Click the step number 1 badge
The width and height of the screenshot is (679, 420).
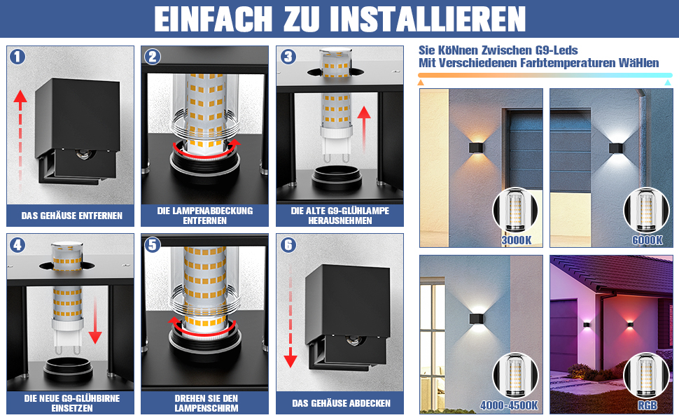tap(17, 57)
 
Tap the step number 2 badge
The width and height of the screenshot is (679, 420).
tap(153, 57)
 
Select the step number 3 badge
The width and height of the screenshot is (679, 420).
tap(288, 57)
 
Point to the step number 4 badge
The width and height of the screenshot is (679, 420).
tap(17, 245)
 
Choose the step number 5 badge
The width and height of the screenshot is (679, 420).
tap(153, 245)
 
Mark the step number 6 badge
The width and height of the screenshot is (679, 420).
tap(288, 245)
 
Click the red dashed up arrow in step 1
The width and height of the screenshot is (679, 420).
tap(20, 139)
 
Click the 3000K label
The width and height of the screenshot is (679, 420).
tap(516, 240)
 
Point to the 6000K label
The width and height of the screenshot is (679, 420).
tap(647, 240)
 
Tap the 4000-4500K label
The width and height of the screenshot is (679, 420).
tap(509, 406)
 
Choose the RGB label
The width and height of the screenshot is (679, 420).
tap(647, 406)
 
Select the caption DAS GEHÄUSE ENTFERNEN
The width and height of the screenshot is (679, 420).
tap(72, 216)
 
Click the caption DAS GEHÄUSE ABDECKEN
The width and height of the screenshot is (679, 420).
tap(341, 403)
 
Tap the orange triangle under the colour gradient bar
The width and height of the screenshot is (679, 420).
tap(421, 83)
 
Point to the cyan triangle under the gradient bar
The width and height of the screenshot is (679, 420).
tap(668, 83)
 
